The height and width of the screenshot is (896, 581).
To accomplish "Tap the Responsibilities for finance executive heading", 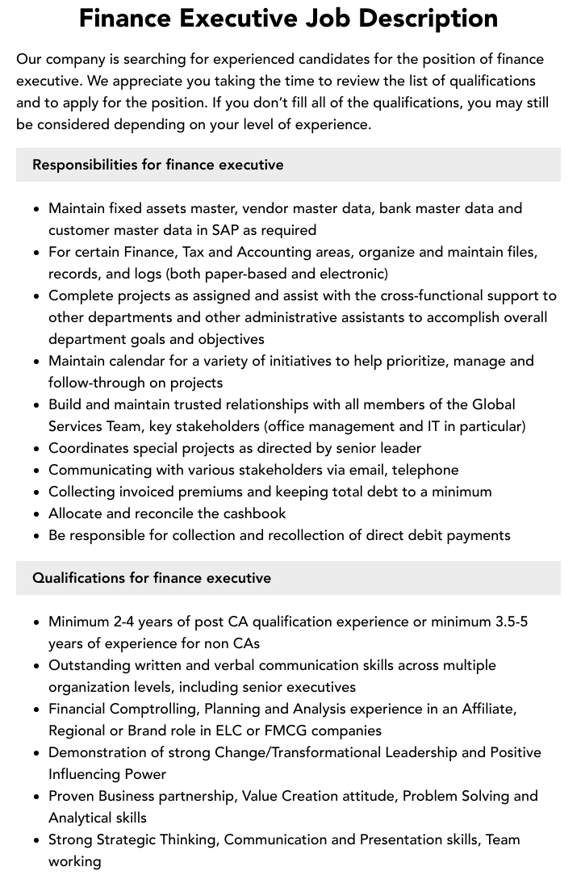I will pyautogui.click(x=158, y=165).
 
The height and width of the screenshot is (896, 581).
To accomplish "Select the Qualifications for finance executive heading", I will pyautogui.click(x=152, y=578).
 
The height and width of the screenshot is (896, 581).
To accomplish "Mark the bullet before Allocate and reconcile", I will pyautogui.click(x=37, y=513).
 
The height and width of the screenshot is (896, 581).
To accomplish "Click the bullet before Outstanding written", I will pyautogui.click(x=37, y=665).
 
